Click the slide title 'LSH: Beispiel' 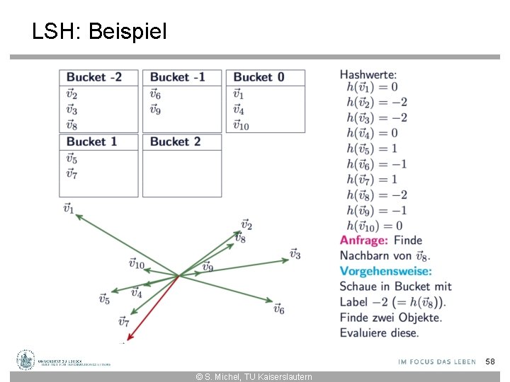coord(99,31)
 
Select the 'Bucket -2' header coord(93,77)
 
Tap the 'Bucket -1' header coord(177,77)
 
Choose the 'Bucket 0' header coord(259,77)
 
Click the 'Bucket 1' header coord(91,141)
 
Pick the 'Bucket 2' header coord(175,141)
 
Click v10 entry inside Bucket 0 coord(242,125)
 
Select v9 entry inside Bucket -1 coord(155,110)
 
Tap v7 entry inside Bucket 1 coord(72,173)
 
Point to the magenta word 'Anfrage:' coord(363,241)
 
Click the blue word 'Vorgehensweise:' coord(385,271)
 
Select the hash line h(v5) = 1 coord(372,149)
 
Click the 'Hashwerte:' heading coord(368,74)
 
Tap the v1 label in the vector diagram coord(68,208)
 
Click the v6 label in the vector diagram coord(278,309)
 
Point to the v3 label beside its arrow coord(295,253)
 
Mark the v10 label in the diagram coord(137,264)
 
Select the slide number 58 coord(489,361)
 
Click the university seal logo coord(26,360)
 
